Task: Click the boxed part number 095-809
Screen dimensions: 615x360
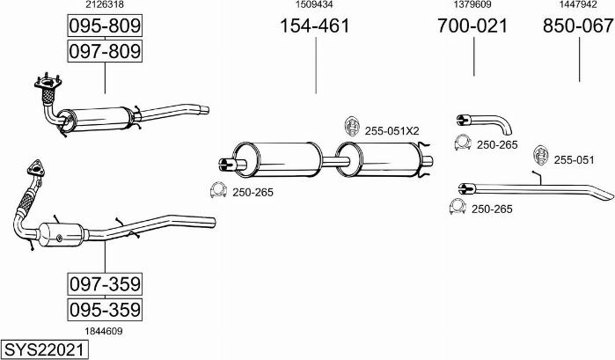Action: click(x=105, y=26)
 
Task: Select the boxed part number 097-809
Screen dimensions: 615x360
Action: click(x=105, y=51)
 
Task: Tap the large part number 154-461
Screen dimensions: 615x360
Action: click(x=315, y=26)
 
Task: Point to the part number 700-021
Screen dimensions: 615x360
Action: click(x=472, y=26)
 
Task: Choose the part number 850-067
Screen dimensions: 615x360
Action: click(x=578, y=26)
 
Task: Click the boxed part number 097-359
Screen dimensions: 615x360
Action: click(x=105, y=283)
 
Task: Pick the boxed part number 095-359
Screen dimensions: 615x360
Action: click(x=105, y=310)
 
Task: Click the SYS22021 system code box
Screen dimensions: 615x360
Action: click(x=44, y=349)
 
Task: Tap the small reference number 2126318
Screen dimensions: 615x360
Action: click(x=105, y=4)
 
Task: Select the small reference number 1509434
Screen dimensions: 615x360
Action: click(x=314, y=4)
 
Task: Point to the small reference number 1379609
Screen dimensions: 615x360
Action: click(x=472, y=4)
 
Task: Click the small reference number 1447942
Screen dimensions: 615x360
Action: click(x=578, y=4)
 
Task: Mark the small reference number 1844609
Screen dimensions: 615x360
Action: click(x=104, y=331)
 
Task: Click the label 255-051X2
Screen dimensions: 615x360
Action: click(x=392, y=131)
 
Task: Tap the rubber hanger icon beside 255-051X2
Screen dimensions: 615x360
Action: click(x=352, y=126)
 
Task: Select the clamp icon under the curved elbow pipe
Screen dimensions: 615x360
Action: click(x=463, y=143)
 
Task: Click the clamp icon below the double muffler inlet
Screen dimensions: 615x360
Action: click(x=218, y=190)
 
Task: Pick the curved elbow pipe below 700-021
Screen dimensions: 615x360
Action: click(x=485, y=123)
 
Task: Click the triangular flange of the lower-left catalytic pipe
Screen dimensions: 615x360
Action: click(x=36, y=167)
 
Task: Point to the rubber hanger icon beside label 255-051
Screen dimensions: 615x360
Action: click(x=541, y=156)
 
